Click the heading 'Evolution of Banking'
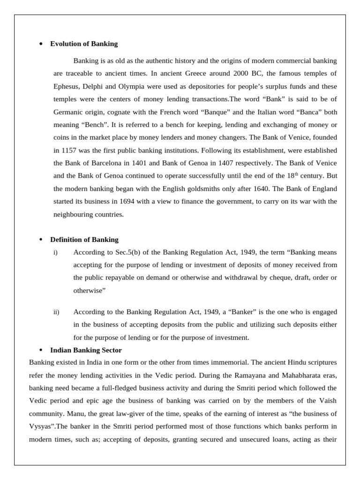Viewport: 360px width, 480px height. (x=84, y=44)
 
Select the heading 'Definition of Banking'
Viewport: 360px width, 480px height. (x=84, y=240)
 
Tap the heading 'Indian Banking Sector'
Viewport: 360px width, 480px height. (x=86, y=350)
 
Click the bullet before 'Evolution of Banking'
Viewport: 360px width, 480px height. (x=41, y=44)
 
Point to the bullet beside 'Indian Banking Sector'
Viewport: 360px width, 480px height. (x=41, y=350)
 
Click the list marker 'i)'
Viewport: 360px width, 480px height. (x=55, y=253)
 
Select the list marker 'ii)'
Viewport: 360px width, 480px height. (x=56, y=312)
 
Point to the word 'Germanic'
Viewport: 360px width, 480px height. (x=68, y=112)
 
